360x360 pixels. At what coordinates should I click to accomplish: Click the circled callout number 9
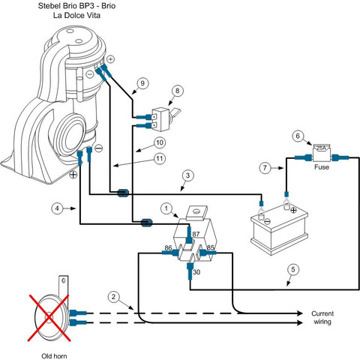coord(142,83)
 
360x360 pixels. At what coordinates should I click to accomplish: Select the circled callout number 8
coord(177,91)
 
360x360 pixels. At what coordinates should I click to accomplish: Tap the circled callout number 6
coord(298,136)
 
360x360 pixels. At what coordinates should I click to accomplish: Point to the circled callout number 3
coord(187,175)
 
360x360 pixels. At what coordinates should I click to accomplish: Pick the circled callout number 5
coord(293,269)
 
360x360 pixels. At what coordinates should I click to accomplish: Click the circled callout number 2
coord(114,297)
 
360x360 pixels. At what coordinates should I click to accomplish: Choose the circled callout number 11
coord(160,158)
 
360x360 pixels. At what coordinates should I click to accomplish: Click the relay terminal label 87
coord(196,234)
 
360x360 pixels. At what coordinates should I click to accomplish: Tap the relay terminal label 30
coord(196,272)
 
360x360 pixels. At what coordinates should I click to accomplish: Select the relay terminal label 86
coord(168,247)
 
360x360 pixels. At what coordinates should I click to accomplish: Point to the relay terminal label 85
coord(211,247)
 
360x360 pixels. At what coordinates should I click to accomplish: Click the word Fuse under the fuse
coord(322,166)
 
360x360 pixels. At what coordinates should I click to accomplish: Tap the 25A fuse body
coord(322,153)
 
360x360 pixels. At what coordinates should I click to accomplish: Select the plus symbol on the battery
coord(293,211)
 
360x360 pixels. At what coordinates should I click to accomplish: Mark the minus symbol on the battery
coord(267,221)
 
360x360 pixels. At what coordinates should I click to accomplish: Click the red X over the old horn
coord(49,318)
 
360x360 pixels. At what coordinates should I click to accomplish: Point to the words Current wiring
coord(322,317)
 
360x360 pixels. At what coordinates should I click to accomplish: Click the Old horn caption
coord(54,356)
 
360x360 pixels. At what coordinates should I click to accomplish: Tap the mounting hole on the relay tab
coord(197,211)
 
